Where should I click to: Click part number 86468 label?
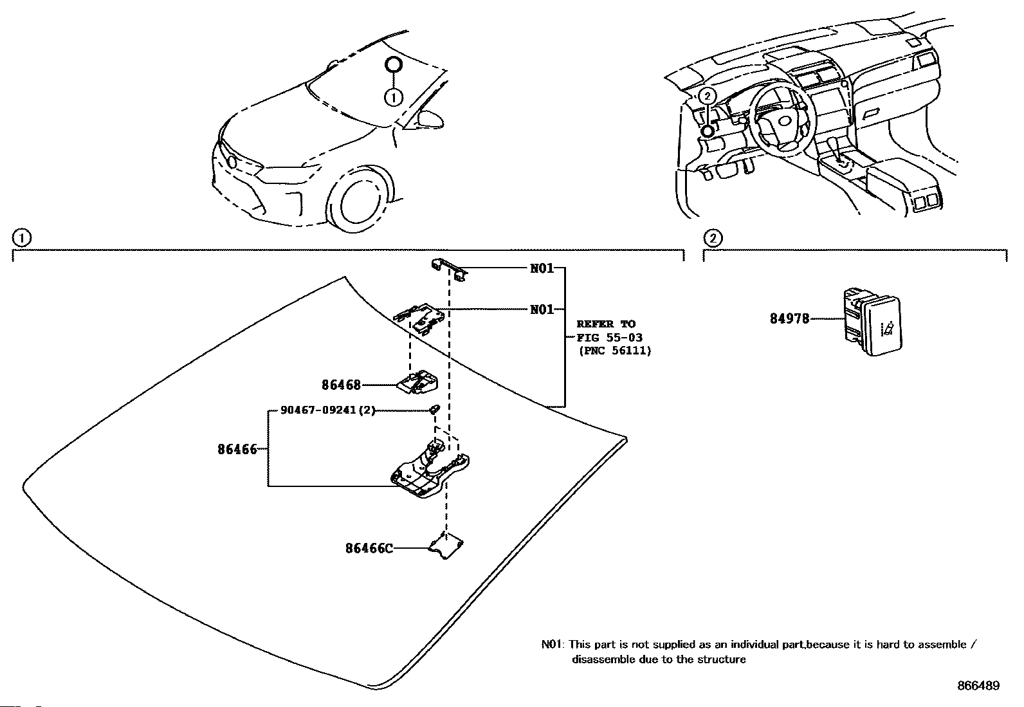click(x=341, y=385)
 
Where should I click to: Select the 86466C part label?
click(x=369, y=548)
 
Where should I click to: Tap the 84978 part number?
click(x=789, y=318)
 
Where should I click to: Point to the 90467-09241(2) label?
click(x=328, y=410)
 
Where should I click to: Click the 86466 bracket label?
click(x=237, y=450)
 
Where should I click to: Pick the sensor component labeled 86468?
click(x=417, y=382)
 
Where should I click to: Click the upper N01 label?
click(x=542, y=268)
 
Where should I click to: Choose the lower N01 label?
click(x=542, y=309)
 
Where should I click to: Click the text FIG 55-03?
click(x=609, y=338)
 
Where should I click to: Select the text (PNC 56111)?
click(x=615, y=351)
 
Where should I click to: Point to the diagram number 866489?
click(x=978, y=686)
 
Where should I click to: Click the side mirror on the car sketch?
click(x=430, y=119)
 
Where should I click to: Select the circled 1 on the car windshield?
click(x=394, y=97)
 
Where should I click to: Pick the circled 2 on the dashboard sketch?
click(x=707, y=96)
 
